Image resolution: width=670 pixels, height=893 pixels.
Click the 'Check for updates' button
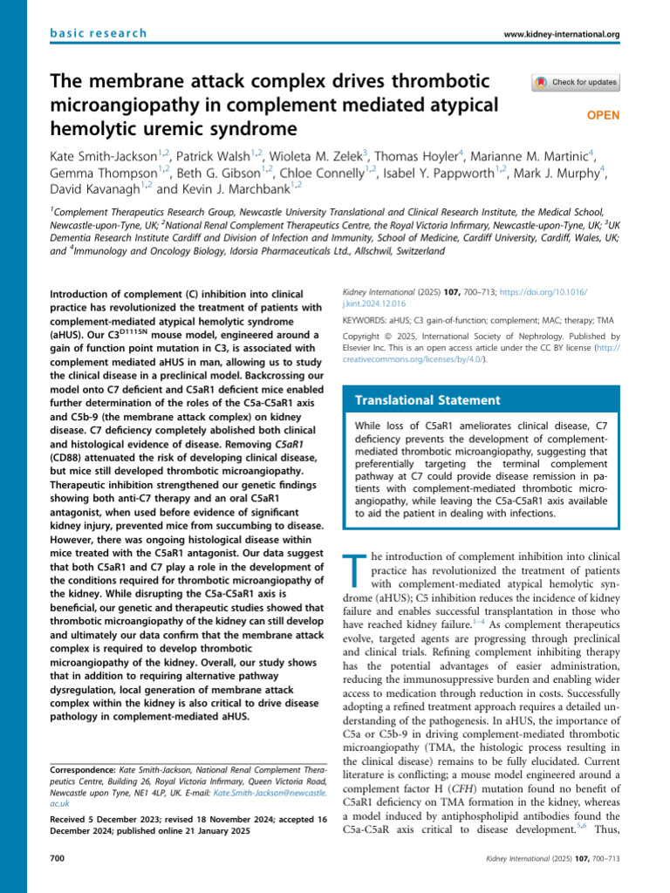577,83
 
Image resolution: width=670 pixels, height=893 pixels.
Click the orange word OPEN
602,114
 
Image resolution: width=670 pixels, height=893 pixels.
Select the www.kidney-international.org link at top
562,34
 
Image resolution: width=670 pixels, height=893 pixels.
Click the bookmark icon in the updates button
542,83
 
